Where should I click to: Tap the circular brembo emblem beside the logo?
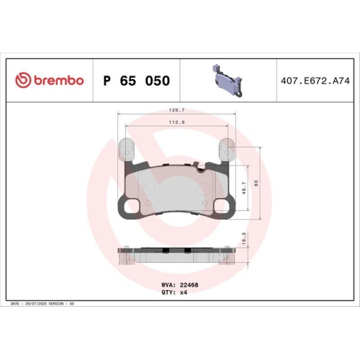click(23, 81)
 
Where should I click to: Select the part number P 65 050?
click(137, 81)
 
